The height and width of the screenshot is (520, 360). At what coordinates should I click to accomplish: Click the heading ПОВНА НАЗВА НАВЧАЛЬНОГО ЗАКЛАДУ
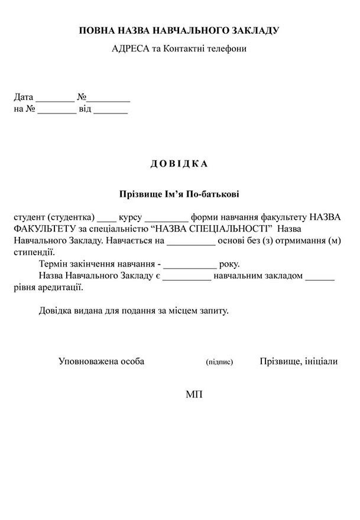179,30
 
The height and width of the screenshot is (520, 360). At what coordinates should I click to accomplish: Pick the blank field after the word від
111,110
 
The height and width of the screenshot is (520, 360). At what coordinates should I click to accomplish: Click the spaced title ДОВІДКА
179,164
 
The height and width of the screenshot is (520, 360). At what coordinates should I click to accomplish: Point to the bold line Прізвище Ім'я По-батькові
179,193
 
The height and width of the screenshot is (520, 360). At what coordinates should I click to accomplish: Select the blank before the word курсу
106,217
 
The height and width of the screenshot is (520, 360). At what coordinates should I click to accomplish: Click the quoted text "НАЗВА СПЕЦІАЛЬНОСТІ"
213,228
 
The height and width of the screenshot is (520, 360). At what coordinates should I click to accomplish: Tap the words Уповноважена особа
101,361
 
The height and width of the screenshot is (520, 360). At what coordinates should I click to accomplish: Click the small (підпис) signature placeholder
219,362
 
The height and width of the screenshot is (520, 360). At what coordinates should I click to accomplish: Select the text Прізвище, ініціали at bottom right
299,361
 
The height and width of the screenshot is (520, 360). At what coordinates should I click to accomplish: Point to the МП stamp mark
194,394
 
